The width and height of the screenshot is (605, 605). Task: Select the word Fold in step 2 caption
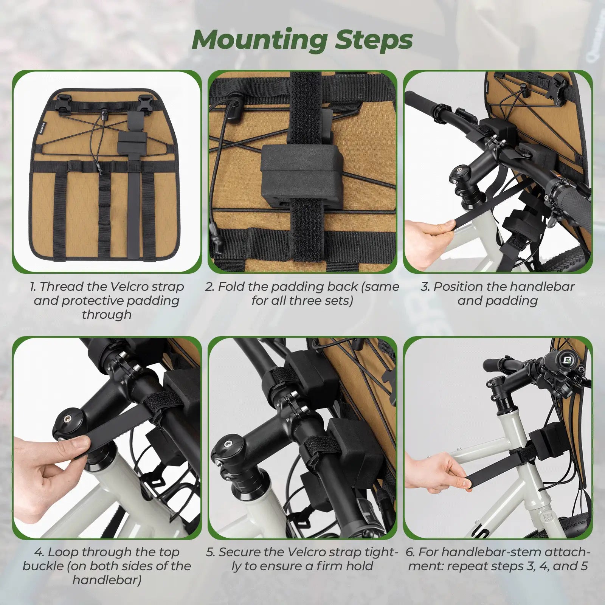[x=231, y=287]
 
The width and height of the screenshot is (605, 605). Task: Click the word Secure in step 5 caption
[x=240, y=552]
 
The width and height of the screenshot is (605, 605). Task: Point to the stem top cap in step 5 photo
[x=226, y=446]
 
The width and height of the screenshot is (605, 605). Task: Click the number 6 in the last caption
[x=410, y=552]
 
